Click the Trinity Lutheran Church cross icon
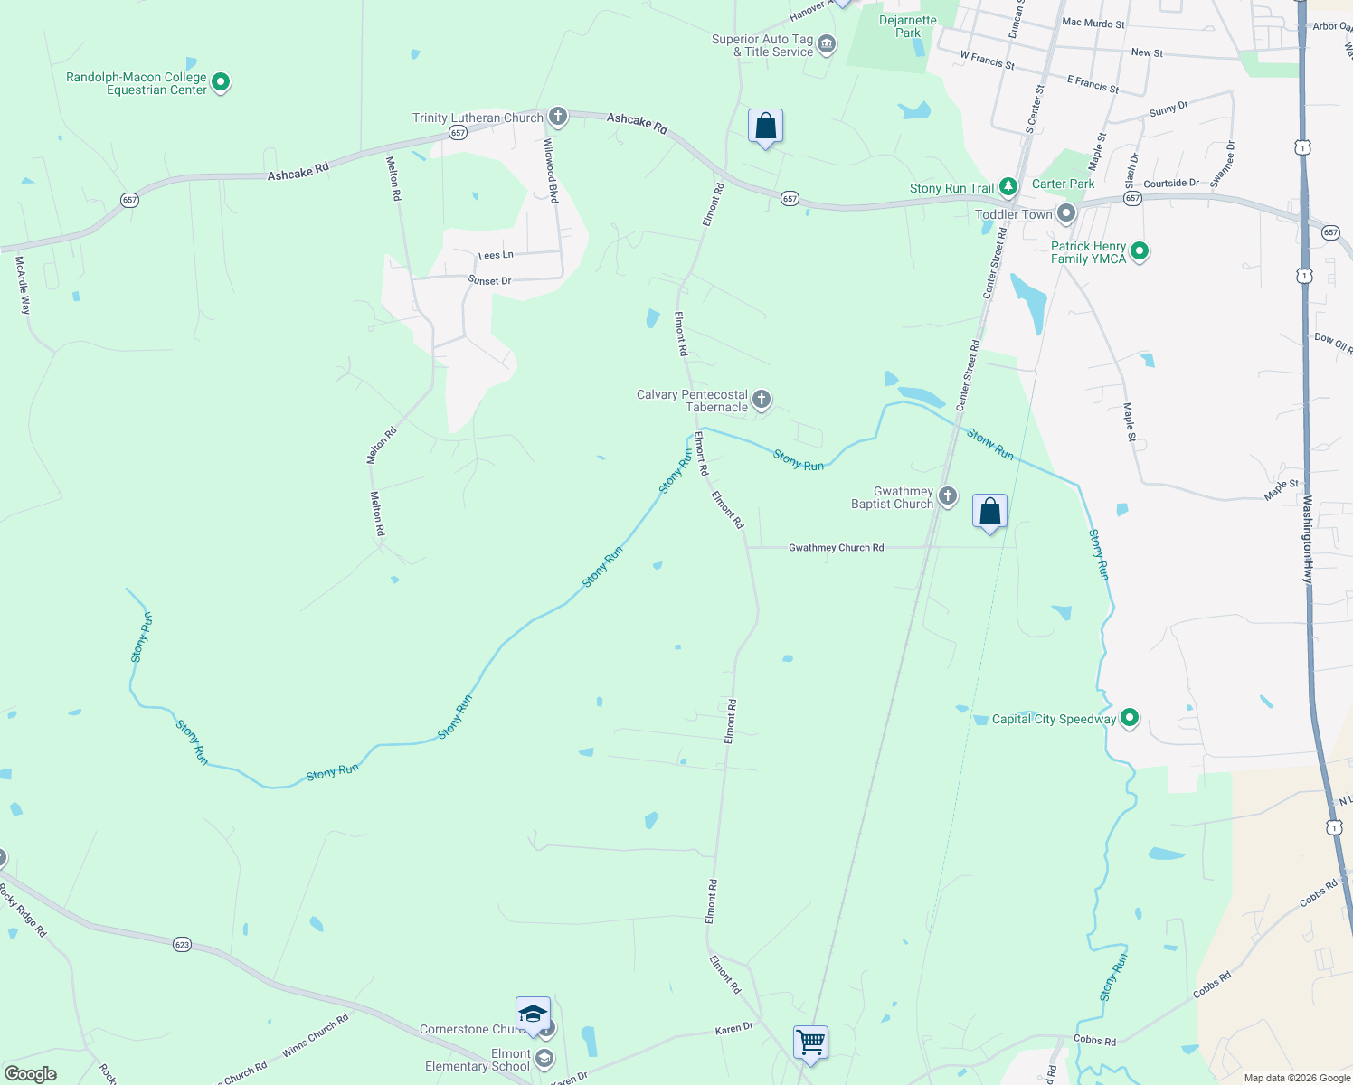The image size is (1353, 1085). [558, 116]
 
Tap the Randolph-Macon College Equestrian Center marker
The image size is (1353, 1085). [220, 83]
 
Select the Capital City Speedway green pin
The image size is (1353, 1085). [1129, 718]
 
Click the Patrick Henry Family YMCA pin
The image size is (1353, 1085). [1140, 251]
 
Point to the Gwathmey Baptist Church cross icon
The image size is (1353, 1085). [947, 495]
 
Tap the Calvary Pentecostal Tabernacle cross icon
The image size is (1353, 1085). [762, 399]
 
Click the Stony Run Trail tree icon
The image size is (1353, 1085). [1008, 187]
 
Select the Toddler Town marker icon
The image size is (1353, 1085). [1066, 214]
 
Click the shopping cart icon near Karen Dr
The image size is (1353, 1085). [810, 1042]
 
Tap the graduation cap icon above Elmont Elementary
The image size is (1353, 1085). [533, 1014]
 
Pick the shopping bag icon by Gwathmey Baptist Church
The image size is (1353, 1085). [989, 512]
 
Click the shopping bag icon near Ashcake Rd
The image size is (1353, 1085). [765, 127]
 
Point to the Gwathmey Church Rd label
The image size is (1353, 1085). [836, 548]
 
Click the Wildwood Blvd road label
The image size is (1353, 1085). [551, 170]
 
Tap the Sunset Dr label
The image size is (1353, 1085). [489, 281]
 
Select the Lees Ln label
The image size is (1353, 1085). [496, 256]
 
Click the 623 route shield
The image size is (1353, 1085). [182, 944]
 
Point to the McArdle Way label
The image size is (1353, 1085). [23, 285]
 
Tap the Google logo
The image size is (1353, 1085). [30, 1073]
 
